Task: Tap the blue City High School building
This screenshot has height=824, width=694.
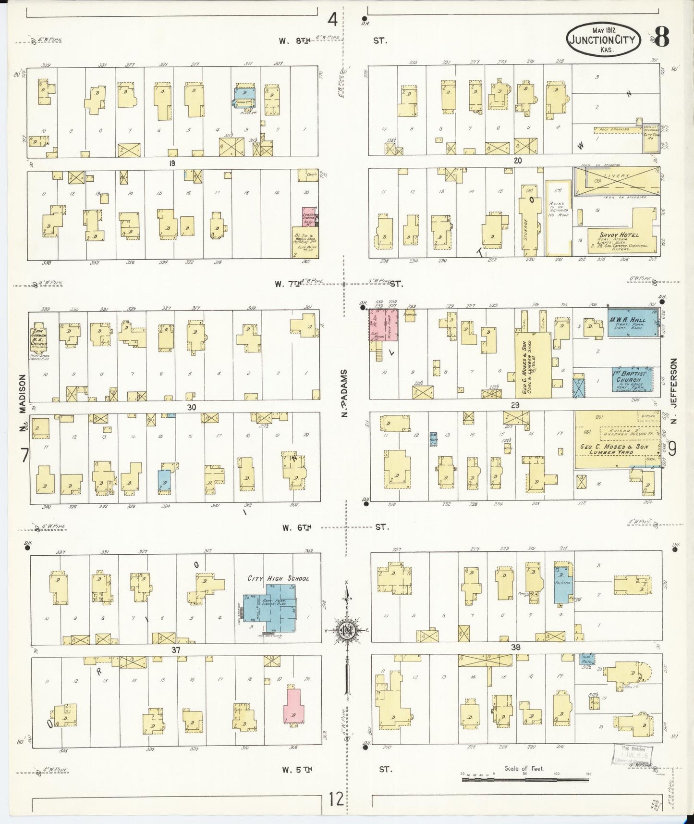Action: coord(271,608)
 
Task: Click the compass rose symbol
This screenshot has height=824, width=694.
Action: coord(346,631)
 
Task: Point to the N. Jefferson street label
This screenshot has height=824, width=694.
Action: coord(674,390)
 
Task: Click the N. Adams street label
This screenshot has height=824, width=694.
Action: coord(344,393)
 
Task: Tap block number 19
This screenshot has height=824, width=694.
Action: coord(171,163)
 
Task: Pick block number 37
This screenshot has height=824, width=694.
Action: coord(176,649)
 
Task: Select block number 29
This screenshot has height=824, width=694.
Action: coord(515,405)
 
